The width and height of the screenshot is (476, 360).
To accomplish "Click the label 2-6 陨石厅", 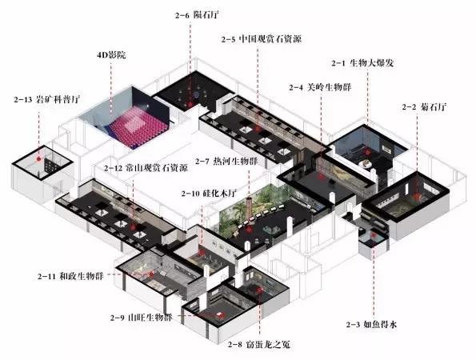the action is pos(197,15).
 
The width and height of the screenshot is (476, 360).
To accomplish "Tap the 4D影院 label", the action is pos(111,55).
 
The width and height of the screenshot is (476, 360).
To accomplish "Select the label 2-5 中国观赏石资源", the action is pos(262,39).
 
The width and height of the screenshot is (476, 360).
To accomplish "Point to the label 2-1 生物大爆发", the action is pos(362,63).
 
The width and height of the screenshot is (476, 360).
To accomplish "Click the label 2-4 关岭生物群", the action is pos(320,87).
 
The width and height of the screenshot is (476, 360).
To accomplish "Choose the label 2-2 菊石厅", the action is pos(424,107).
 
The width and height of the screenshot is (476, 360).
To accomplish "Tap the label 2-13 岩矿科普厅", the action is pos(46,99).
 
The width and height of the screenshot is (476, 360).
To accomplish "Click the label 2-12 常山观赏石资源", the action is pos(146,168).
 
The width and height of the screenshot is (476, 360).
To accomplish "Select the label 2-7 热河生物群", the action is pos(226,161).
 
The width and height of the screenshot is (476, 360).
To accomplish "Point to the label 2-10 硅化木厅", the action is pos(209,194).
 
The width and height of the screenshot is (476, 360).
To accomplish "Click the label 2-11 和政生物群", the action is pos(70,277).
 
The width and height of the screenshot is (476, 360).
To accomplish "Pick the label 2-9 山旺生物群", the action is pos(142,318).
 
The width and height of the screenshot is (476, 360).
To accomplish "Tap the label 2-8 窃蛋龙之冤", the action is pos(259,344).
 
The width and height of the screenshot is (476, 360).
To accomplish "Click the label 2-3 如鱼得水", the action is pos(371,325).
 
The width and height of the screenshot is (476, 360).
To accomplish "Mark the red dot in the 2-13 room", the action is pos(38,158).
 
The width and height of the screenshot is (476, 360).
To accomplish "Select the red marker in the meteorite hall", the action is pos(190,105).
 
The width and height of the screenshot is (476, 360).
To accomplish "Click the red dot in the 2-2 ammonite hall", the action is pos(418,198).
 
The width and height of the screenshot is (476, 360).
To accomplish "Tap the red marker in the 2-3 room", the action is pos(374,235).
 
